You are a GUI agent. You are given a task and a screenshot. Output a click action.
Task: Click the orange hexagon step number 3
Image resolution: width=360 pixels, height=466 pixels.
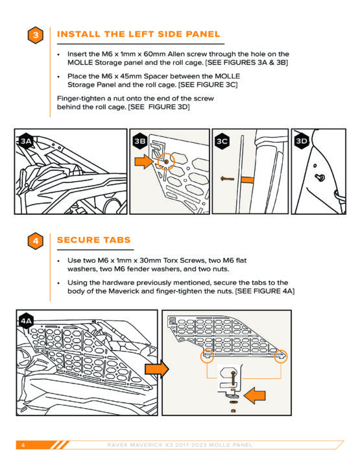[x=35, y=35]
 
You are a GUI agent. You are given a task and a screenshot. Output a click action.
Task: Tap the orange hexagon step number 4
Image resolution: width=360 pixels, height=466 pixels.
[x=35, y=241]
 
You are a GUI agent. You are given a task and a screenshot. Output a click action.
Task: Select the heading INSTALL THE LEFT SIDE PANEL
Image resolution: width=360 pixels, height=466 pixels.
[x=138, y=34]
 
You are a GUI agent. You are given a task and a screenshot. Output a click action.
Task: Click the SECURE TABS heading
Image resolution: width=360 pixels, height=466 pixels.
[x=94, y=240]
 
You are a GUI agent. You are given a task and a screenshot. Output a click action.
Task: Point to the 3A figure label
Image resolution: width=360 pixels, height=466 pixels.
[x=26, y=141]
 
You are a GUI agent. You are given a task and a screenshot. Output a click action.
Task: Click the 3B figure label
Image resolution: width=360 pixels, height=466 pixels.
[x=140, y=141]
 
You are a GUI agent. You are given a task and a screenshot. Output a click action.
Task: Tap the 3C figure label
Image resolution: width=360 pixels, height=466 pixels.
[x=222, y=141]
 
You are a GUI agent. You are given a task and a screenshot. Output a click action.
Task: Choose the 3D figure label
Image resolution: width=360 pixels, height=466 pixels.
[x=302, y=141]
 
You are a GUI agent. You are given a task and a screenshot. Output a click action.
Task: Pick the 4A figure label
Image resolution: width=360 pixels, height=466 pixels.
[x=26, y=321]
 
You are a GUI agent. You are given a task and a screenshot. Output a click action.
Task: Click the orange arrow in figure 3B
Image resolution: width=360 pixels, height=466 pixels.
[x=144, y=162]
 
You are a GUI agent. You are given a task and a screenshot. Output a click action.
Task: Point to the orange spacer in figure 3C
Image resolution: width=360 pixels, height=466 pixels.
[x=247, y=180]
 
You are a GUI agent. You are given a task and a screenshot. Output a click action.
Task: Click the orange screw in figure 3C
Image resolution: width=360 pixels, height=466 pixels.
[x=227, y=179]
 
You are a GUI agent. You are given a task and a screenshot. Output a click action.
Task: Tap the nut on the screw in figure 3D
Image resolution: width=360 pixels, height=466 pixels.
[x=320, y=177]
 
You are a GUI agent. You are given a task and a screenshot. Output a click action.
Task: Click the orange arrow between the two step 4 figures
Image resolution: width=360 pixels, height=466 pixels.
[x=157, y=369]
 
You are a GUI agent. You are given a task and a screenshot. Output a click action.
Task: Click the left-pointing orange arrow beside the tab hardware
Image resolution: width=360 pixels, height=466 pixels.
[x=254, y=395]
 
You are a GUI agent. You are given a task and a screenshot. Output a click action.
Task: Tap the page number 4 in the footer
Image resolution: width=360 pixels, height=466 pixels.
[x=23, y=445]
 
